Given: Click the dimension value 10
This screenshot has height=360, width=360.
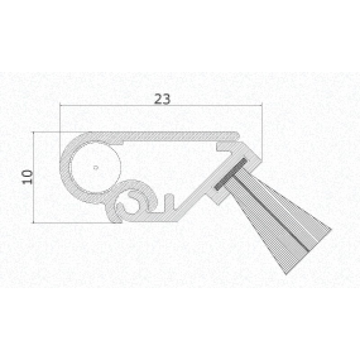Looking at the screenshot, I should coord(28,176).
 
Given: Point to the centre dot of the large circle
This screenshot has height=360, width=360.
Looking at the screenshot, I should coord(95,167).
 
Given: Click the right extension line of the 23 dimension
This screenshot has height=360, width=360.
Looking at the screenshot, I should coord(261,126).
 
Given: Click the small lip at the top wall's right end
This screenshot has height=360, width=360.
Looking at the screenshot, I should coord(237,134).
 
